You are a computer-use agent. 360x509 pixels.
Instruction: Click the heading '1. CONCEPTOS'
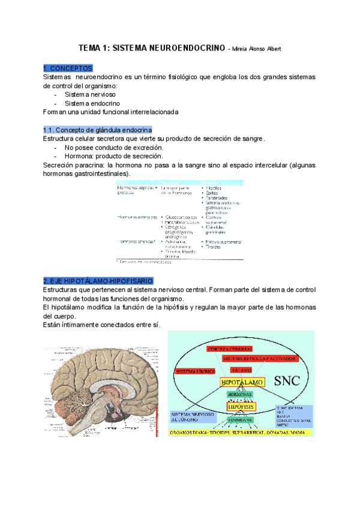pos(67,68)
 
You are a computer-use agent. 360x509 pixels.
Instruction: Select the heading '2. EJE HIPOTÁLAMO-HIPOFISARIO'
pos(98,280)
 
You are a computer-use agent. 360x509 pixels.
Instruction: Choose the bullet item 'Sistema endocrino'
pos(92,103)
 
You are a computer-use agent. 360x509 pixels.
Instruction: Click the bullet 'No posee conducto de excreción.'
pos(114,147)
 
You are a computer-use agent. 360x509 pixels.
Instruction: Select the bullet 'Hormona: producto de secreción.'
pos(114,156)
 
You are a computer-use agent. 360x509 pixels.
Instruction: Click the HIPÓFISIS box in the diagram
pos(241,406)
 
